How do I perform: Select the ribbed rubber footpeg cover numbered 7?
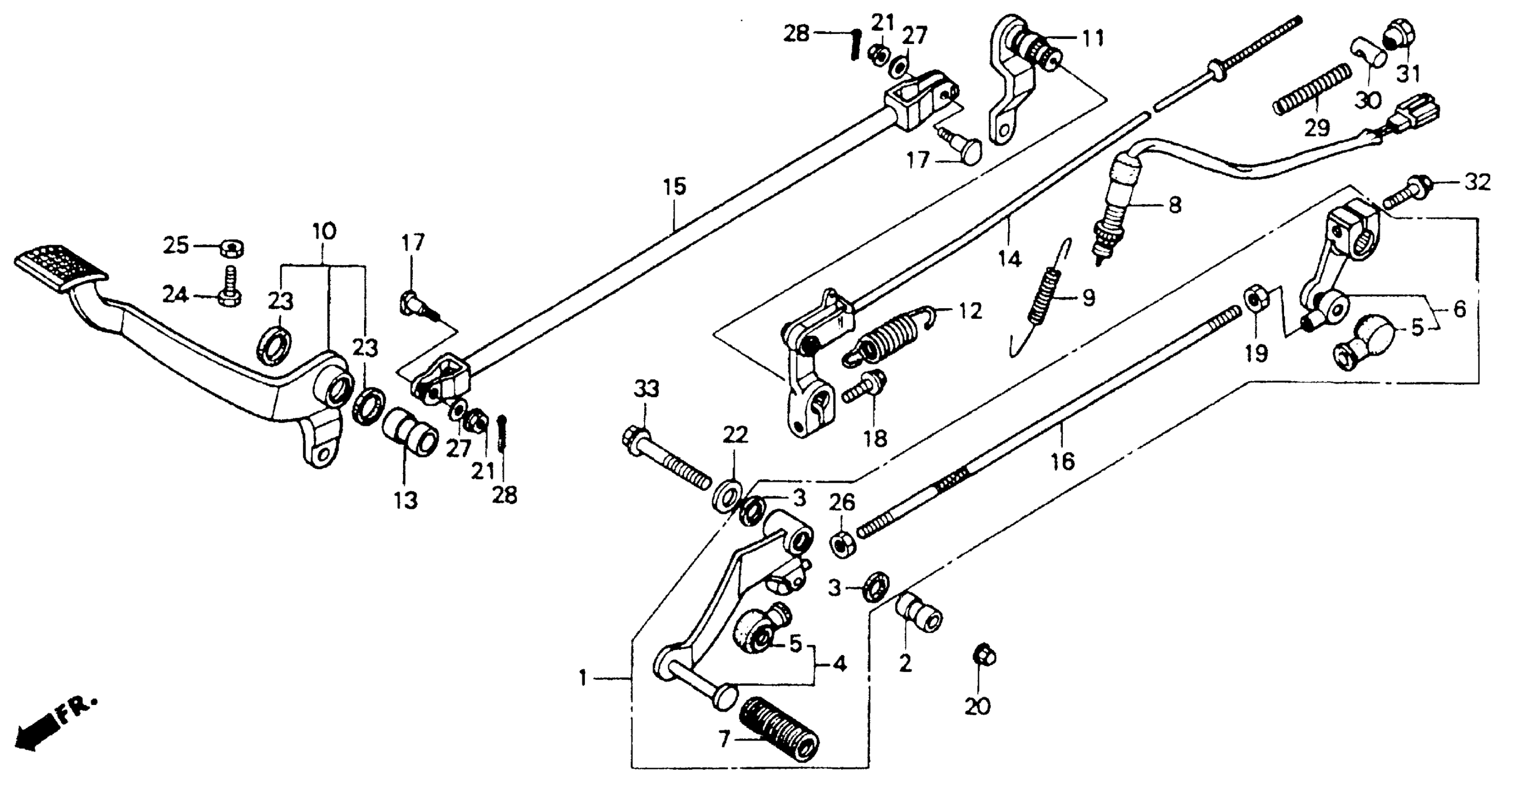coord(778,731)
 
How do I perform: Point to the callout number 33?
coord(646,389)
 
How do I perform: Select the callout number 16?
coord(1063,461)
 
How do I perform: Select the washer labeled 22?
coord(728,495)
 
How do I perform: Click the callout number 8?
coord(1174,205)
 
